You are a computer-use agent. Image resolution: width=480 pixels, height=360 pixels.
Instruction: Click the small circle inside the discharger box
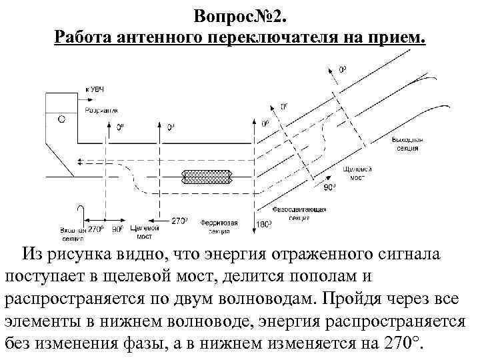click(61, 119)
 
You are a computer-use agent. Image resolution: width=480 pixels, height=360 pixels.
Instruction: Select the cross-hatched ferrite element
click(206, 177)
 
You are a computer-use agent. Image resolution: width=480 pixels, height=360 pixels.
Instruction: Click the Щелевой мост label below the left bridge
click(145, 232)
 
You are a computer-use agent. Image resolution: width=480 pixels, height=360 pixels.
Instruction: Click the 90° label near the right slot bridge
click(330, 189)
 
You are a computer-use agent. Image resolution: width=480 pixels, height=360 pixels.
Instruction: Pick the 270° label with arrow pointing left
click(179, 220)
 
